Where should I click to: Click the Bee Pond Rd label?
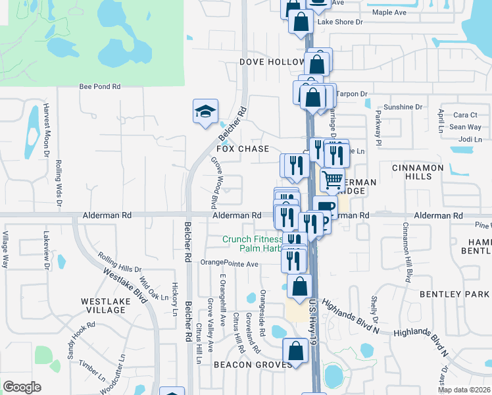pos(100,86)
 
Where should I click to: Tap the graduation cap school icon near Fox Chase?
pos(205,111)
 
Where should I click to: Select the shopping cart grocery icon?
pos(333,178)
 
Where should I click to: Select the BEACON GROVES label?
pos(252,364)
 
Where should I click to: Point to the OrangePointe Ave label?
pos(230,263)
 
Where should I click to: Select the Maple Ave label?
pos(389,13)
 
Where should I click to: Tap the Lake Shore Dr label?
pos(340,22)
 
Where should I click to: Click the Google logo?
pos(22,386)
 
